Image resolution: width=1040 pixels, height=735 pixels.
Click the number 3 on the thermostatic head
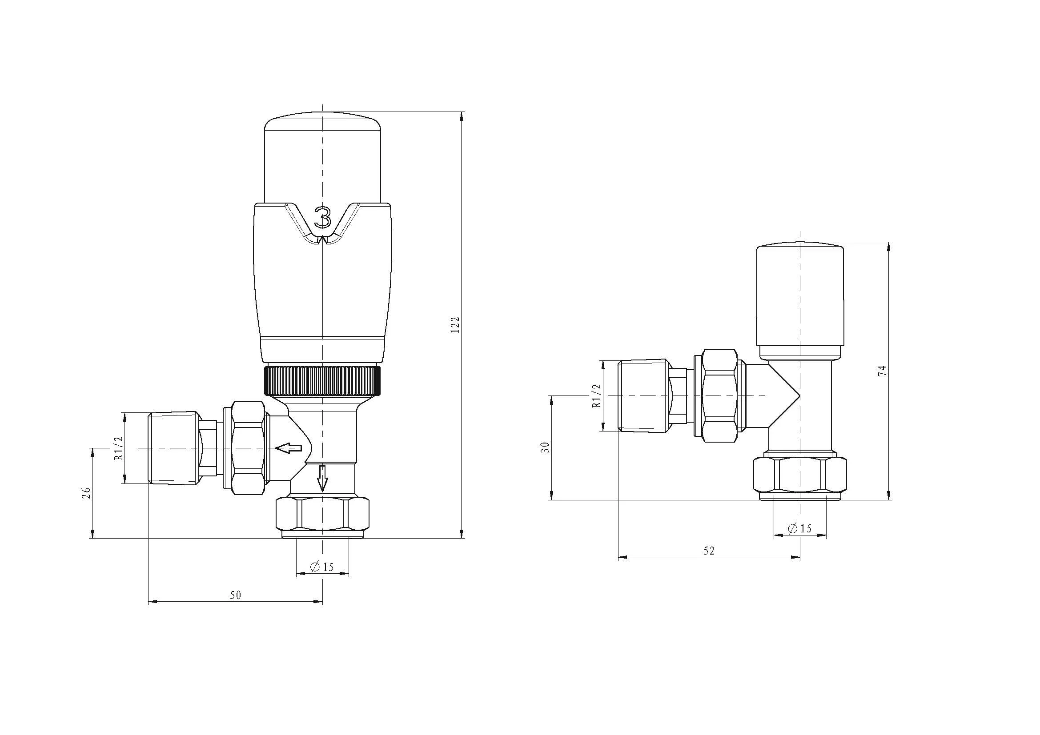click(322, 218)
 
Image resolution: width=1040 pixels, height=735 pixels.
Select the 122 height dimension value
click(455, 325)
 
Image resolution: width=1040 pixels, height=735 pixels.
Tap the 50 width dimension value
click(235, 595)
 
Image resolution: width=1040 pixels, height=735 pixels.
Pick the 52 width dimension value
click(709, 550)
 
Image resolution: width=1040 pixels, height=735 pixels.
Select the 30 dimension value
click(546, 447)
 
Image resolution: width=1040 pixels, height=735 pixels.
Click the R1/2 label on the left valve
click(119, 448)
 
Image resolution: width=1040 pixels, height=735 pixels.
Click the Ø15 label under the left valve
click(321, 567)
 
